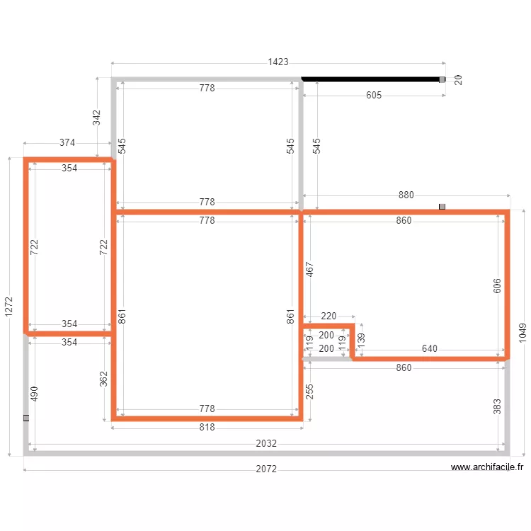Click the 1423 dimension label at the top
[278, 62]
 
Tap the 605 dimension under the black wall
[374, 95]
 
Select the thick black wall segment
[372, 79]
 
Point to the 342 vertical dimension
[97, 118]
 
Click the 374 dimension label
[67, 142]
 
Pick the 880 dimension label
[406, 195]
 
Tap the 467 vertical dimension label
[309, 269]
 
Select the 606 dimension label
[497, 286]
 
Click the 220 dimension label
[328, 316]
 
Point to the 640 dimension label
[430, 348]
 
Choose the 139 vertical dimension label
[361, 341]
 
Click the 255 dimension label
[309, 392]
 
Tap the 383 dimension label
[497, 406]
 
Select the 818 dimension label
[207, 428]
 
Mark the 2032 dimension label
[266, 444]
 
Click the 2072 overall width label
[266, 469]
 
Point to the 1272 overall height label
[8, 307]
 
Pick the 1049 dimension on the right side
[523, 333]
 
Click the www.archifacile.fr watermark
[487, 467]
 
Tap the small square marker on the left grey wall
[26, 418]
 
